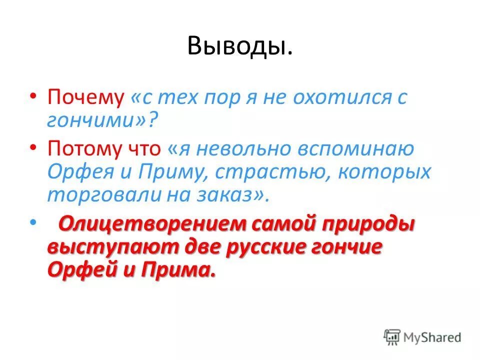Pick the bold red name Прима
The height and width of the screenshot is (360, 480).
point(177,270)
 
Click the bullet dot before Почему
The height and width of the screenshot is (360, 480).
point(32,95)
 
